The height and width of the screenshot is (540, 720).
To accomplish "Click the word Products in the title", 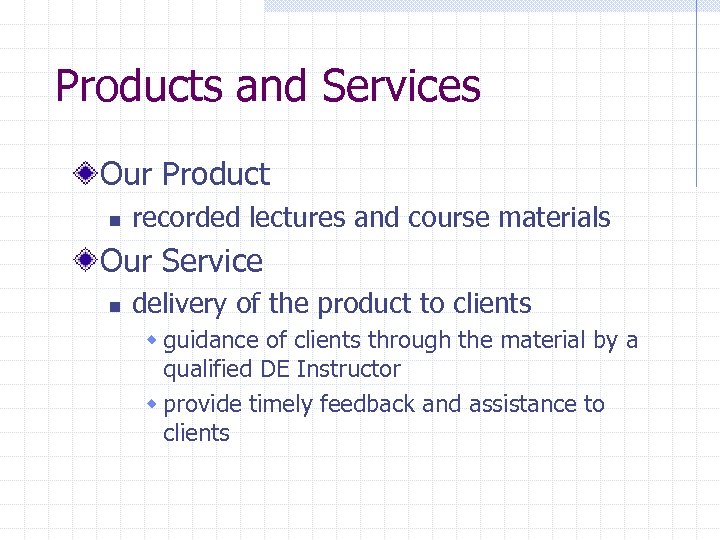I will pyautogui.click(x=140, y=86).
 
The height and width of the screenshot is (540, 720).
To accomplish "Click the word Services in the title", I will pyautogui.click(x=401, y=86).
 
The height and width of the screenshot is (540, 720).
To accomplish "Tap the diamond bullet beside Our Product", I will pyautogui.click(x=88, y=174).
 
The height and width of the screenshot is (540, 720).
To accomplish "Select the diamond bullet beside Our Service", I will pyautogui.click(x=88, y=261).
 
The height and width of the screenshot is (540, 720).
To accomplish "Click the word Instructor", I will pyautogui.click(x=349, y=369).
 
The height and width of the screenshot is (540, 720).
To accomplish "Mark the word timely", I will pyautogui.click(x=281, y=405).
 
